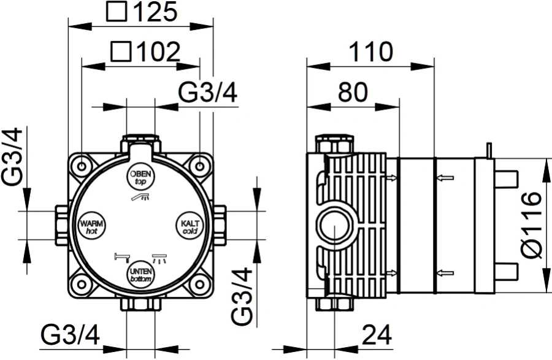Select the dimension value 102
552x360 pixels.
(x=158, y=52)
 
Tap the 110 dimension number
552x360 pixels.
(x=370, y=52)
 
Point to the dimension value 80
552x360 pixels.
(x=353, y=92)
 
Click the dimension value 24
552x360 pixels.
(x=377, y=335)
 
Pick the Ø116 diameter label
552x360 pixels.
(x=531, y=225)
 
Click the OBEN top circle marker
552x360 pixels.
(x=140, y=177)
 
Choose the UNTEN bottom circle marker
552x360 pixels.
(x=140, y=275)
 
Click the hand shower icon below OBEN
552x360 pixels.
(x=140, y=197)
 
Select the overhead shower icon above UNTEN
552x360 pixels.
(x=159, y=258)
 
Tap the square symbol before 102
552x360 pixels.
(x=121, y=52)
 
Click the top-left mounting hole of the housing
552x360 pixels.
(x=82, y=166)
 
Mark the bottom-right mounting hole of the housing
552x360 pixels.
(x=199, y=283)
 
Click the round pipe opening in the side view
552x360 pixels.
(x=334, y=226)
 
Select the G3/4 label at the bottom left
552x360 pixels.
(x=70, y=335)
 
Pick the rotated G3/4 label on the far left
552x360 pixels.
(x=12, y=156)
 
